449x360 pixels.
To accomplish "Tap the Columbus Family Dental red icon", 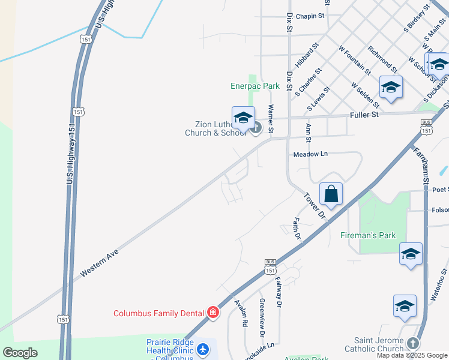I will [x=212, y=312].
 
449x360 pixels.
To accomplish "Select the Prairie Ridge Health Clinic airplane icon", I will [x=203, y=348].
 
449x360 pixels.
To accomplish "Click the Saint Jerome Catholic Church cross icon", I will [x=412, y=343].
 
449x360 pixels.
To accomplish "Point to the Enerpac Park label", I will [x=255, y=86].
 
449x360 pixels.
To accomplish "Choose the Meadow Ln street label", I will [x=310, y=154].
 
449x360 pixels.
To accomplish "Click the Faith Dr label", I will [x=297, y=228].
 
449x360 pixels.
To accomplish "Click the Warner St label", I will [x=271, y=118].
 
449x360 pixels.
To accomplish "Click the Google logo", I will [x=20, y=353].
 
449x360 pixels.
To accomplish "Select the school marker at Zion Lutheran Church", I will [x=243, y=119].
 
